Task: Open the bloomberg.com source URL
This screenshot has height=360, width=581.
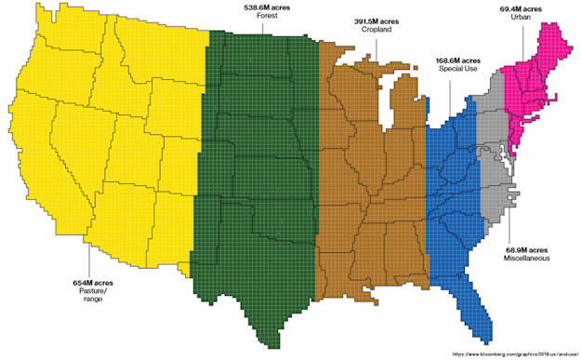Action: (x=514, y=353)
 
